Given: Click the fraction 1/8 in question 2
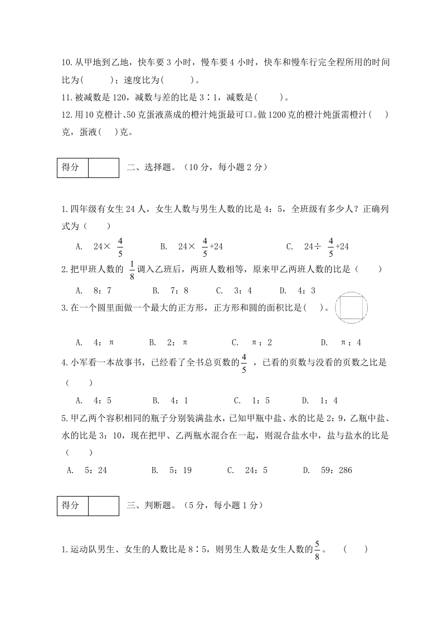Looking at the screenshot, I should coord(132,269).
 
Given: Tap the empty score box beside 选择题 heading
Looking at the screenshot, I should coord(104,167).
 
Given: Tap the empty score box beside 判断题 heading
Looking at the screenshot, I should coord(104,505).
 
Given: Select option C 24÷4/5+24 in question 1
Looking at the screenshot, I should coord(326,246).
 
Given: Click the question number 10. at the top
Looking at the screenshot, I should coord(67,64).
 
